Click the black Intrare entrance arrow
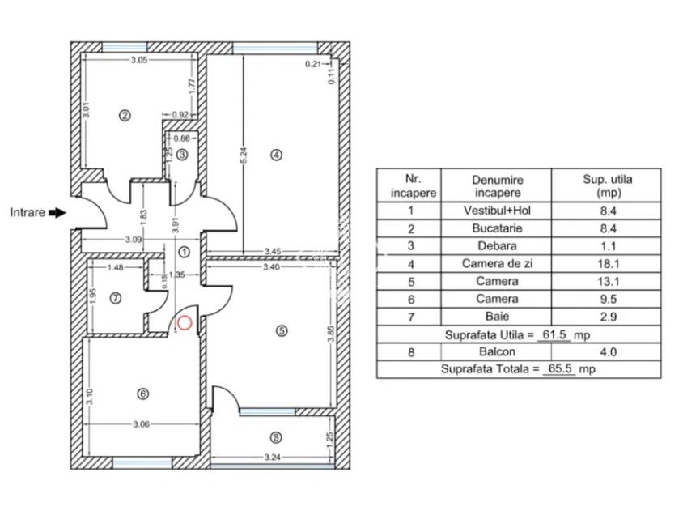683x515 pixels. coord(57,213)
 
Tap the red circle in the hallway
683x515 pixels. coord(185,323)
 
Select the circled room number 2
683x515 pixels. coord(125,115)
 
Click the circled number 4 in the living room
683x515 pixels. coord(276,155)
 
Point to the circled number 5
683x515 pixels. coord(282,330)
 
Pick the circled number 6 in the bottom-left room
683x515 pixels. coord(143,394)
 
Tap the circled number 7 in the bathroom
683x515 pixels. coord(116,298)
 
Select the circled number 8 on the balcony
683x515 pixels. coord(276,437)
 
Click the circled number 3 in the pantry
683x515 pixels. coord(183,154)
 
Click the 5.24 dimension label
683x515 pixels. coord(240,155)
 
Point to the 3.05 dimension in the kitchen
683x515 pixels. coord(139,59)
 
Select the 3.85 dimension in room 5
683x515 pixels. coord(330,337)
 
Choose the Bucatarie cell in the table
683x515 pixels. coord(498,228)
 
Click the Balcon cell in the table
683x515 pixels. coord(498,352)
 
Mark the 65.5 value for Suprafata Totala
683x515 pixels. coord(558,369)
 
